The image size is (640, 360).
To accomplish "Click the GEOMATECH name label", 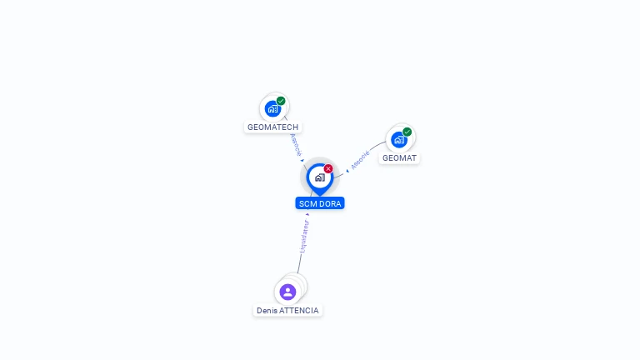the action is [x=272, y=127].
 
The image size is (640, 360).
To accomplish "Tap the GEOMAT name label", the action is [x=399, y=157].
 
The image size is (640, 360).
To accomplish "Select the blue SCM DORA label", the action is [x=320, y=203].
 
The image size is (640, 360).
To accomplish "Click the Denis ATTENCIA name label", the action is [x=287, y=310].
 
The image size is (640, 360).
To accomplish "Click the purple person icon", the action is [x=287, y=292].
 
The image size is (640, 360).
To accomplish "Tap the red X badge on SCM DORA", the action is [x=328, y=169].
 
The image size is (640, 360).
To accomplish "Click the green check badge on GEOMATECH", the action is [x=281, y=101].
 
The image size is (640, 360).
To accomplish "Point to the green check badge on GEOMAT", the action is [x=407, y=132].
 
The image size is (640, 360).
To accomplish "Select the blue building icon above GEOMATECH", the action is [x=272, y=108].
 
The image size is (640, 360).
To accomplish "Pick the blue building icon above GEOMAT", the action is [x=398, y=139].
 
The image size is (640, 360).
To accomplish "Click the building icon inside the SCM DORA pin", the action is [x=319, y=177].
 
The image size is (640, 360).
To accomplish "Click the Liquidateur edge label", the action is [x=304, y=236].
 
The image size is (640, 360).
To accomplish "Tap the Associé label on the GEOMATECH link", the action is [x=296, y=144].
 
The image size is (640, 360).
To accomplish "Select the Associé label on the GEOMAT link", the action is [x=360, y=160].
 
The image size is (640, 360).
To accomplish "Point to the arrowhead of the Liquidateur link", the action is [x=307, y=215].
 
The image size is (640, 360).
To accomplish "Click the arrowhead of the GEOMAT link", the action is [x=347, y=171].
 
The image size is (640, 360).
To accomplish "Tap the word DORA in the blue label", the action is [x=331, y=203].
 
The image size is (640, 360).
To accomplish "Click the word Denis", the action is [x=267, y=310].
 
